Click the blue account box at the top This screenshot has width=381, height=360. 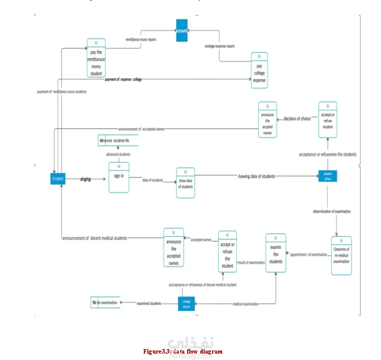pyautogui.click(x=183, y=30)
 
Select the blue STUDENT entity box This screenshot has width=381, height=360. pyautogui.click(x=58, y=178)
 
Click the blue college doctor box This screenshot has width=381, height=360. pyautogui.click(x=186, y=303)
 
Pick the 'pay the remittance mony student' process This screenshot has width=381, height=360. pyautogui.click(x=96, y=57)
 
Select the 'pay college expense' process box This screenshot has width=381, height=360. pyautogui.click(x=259, y=70)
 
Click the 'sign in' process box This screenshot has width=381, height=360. pyautogui.click(x=119, y=177)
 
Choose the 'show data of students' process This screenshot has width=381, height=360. pyautogui.click(x=185, y=183)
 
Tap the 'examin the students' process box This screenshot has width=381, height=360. pyautogui.click(x=276, y=253)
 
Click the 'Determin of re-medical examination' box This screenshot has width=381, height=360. pyautogui.click(x=341, y=255)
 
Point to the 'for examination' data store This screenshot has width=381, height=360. pyautogui.click(x=105, y=303)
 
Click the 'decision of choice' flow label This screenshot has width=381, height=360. pyautogui.click(x=297, y=119)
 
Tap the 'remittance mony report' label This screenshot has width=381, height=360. pyautogui.click(x=140, y=39)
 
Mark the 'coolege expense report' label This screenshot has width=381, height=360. pyautogui.click(x=220, y=46)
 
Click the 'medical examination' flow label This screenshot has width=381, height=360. pyautogui.click(x=246, y=303)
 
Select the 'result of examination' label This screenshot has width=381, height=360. pyautogui.click(x=251, y=262)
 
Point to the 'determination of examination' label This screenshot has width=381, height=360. pyautogui.click(x=332, y=211)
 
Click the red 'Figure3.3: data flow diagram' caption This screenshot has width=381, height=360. pyautogui.click(x=183, y=352)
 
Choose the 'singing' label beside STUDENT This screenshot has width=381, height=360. pyautogui.click(x=86, y=179)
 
